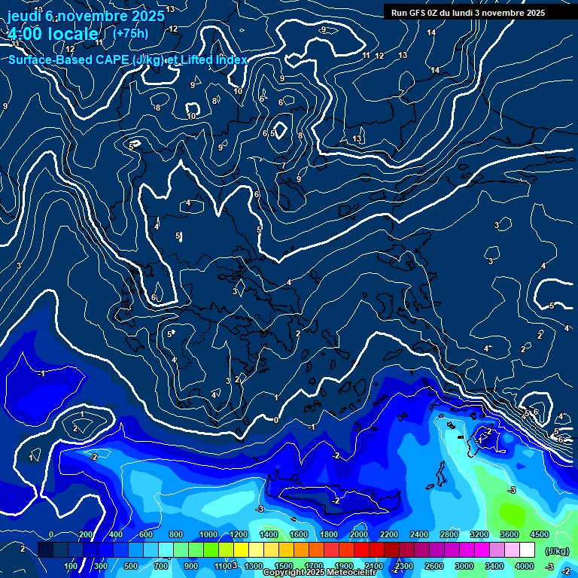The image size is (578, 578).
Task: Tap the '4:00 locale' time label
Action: click(x=53, y=34)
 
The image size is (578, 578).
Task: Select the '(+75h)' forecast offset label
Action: click(x=130, y=33)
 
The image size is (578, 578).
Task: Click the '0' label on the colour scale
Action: click(x=50, y=534)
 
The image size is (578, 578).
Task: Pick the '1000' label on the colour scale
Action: click(x=208, y=534)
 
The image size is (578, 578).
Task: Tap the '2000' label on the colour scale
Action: click(x=359, y=534)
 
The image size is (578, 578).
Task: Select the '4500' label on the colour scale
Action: click(x=539, y=534)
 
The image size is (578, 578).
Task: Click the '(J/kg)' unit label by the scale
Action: click(x=558, y=551)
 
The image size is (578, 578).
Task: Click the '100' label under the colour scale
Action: click(x=71, y=566)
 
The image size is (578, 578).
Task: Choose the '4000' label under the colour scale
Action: click(x=525, y=566)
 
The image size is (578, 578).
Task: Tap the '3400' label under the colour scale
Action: click(x=494, y=566)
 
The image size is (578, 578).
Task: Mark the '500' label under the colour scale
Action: click(x=131, y=566)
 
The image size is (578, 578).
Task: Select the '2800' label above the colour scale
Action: click(x=449, y=534)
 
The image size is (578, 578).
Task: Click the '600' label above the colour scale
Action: click(x=146, y=534)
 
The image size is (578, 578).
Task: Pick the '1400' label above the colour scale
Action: click(x=269, y=534)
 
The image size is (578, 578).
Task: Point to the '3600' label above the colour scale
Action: click(x=510, y=534)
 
